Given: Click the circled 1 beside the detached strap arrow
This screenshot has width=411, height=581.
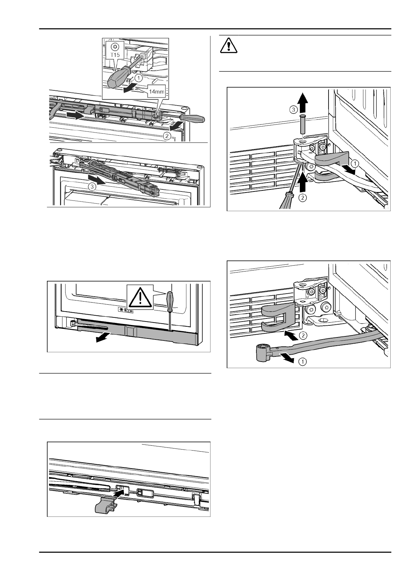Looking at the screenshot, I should click(302, 361).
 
